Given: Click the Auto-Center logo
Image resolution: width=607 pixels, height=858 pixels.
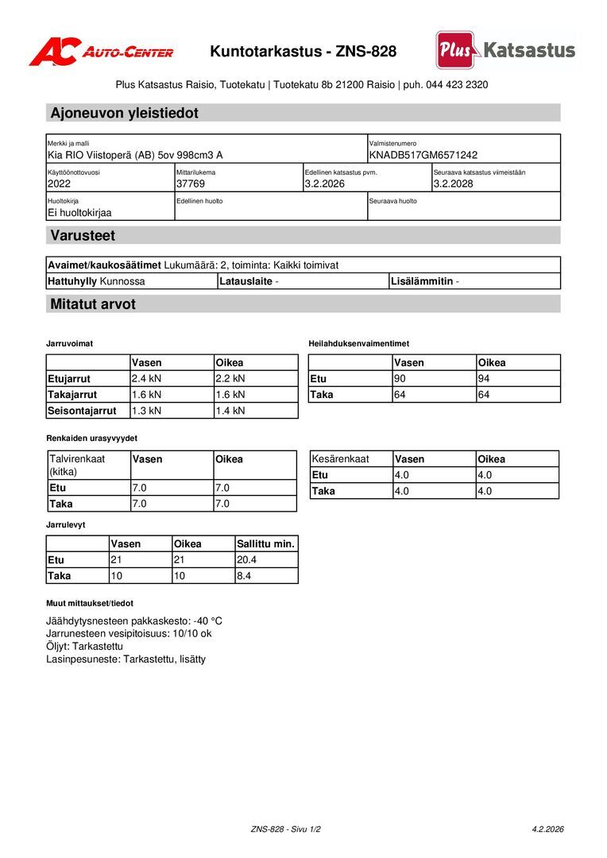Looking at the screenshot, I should coord(101,52).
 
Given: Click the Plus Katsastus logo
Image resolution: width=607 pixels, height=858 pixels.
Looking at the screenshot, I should coord(505,50).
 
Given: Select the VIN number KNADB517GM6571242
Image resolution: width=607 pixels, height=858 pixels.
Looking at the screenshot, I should coord(423,155).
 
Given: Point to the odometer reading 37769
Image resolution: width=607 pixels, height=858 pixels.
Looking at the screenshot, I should coord(191,184).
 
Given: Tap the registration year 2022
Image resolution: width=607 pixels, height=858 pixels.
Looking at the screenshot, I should coord(60,184).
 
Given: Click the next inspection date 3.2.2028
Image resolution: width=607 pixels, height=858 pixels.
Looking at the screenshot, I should coord(454,184).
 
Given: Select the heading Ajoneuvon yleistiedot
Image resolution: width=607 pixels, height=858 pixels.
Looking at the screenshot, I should coord(124,113).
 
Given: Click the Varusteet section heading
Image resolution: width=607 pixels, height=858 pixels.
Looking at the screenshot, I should coord(83,235).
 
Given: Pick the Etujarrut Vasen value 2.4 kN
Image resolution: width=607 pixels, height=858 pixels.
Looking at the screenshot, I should coord(146,379).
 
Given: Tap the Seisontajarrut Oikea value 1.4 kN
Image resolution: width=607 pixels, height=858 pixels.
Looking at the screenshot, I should coord(230,411).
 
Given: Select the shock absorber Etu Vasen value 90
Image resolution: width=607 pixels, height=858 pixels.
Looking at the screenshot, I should coord(400,379).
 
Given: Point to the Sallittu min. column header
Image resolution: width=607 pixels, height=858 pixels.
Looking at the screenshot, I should coord(265,544).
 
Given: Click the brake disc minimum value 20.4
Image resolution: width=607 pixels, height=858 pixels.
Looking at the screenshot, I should coord(247,560).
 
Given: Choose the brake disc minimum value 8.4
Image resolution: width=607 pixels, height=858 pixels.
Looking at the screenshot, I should coord(244,576).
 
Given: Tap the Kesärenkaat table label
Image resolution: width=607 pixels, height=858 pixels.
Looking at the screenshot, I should coord(341,459).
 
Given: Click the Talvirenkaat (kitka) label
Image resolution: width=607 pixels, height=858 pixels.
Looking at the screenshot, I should coord(77,465).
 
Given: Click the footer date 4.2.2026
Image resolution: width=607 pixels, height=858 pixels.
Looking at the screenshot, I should coord(547,829).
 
